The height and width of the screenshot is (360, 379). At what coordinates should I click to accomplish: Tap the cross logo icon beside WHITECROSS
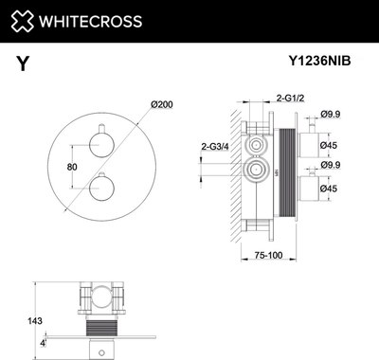(20, 21)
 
